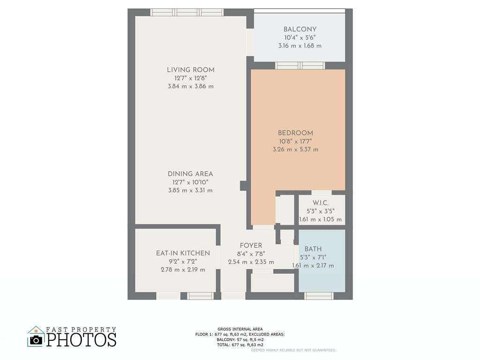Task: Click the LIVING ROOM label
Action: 190,70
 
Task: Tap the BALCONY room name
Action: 300,29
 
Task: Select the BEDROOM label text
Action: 295,133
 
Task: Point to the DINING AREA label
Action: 190,174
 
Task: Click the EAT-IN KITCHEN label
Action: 183,253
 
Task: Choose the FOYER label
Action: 251,246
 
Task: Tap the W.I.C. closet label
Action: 320,202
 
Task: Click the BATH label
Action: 313,249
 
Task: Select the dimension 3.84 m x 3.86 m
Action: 190,87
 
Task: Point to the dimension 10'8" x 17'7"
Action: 295,141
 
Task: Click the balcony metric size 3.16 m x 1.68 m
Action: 300,46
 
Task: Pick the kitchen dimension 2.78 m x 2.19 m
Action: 183,270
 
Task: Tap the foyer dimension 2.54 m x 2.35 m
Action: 251,262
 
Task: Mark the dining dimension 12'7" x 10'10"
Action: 190,182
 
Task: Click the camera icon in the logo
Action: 36,339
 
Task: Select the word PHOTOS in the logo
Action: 81,339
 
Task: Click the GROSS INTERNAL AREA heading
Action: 240,329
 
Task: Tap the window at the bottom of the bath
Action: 319,296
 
